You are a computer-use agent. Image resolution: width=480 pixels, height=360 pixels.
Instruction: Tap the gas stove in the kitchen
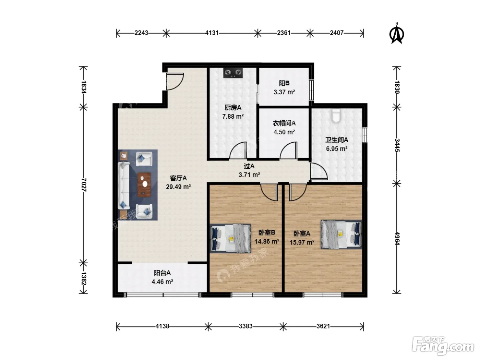[x=233, y=73]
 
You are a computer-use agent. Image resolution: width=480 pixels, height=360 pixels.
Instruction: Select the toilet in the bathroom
[x=336, y=116]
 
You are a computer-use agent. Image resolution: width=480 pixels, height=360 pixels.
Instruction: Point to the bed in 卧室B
[x=230, y=238]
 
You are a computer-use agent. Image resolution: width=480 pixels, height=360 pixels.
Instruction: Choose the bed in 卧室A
[x=341, y=235]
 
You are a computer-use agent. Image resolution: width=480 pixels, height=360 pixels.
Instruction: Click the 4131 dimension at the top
[x=212, y=33]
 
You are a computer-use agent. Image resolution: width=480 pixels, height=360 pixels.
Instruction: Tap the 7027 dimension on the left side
[x=84, y=185]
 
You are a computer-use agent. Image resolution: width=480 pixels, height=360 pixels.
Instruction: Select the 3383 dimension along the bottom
[x=245, y=326]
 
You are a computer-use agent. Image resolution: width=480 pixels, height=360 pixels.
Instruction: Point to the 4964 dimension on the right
[x=397, y=238]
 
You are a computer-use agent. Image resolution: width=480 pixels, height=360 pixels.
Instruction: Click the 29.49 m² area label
[x=178, y=187]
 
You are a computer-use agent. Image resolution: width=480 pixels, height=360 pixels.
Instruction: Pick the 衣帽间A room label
[x=284, y=123]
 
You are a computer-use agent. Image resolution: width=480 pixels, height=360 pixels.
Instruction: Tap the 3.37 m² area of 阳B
[x=284, y=92]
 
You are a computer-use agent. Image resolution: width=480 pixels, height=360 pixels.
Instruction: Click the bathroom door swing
[x=319, y=171]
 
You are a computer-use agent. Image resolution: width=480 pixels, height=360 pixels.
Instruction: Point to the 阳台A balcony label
[x=162, y=273]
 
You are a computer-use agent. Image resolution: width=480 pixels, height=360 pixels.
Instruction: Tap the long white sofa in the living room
[x=124, y=185]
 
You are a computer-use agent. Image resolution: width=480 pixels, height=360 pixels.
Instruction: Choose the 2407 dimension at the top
[x=336, y=33]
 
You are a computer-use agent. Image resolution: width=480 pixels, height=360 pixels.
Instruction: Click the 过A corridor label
[x=249, y=166]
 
